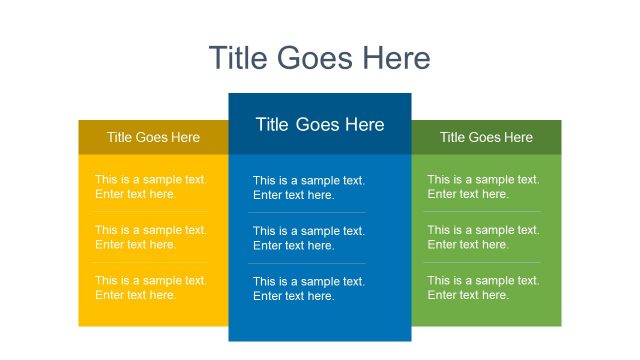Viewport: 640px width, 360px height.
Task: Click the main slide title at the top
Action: pos(319,58)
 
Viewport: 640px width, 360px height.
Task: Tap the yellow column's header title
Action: pos(153,137)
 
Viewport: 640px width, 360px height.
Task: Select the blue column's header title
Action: pos(319,125)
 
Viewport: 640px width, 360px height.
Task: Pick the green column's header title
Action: pos(486,137)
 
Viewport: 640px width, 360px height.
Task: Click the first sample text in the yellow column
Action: pos(151,187)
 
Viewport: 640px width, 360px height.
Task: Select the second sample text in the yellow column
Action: pos(151,237)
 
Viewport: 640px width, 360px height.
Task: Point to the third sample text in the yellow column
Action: pos(151,288)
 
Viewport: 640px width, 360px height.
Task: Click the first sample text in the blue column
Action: pos(309,188)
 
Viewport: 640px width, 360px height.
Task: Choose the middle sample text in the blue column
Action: pos(309,238)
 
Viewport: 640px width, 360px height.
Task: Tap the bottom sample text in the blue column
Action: pos(309,289)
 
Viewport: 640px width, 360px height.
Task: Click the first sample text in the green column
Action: pos(483,187)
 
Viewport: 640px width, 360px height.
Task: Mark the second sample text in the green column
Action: pos(483,237)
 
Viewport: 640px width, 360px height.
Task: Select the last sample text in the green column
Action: pos(483,288)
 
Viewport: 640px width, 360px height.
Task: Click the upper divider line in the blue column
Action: pos(307,212)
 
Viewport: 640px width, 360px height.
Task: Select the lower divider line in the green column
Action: pos(483,262)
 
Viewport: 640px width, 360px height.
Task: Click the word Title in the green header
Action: pos(453,137)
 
